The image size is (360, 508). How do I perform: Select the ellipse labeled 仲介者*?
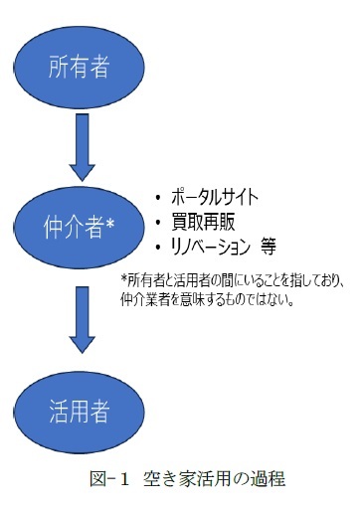[79, 228]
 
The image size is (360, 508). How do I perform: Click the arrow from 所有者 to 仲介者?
[79, 145]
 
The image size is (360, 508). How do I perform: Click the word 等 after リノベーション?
[267, 245]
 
